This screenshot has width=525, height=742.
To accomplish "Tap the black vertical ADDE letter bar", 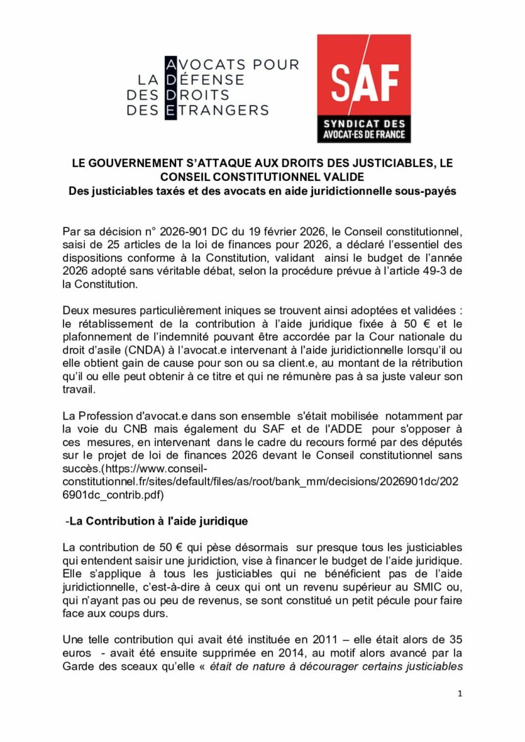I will point(171,88).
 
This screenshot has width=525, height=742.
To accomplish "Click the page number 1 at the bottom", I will point(460,694).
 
